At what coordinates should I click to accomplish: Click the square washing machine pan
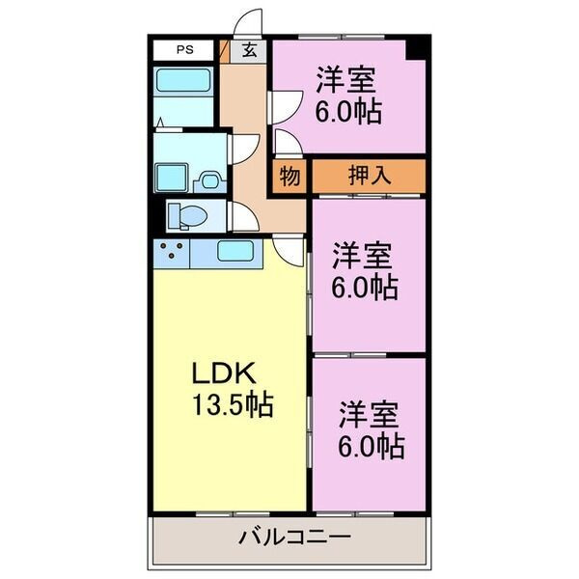(x=172, y=179)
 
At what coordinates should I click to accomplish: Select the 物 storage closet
(x=289, y=176)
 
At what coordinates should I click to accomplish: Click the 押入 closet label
(x=369, y=176)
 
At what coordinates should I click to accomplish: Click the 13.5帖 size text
(x=232, y=403)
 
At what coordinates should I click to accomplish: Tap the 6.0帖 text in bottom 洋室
(x=371, y=446)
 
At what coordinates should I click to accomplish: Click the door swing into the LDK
(x=289, y=249)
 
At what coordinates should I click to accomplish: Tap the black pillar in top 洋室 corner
(x=416, y=49)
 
